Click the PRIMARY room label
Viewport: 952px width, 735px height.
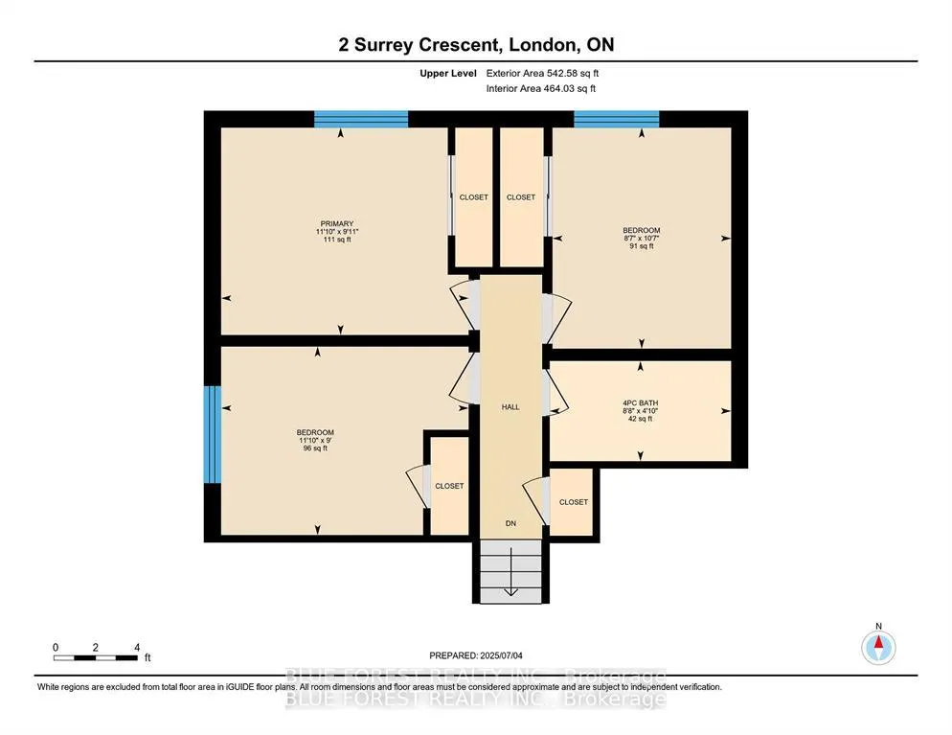[337, 223]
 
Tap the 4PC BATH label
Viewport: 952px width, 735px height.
[641, 402]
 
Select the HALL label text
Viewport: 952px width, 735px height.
[510, 407]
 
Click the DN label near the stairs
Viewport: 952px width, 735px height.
[510, 523]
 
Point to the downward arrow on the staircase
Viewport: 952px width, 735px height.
[510, 571]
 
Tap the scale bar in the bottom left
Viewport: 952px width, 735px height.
[96, 657]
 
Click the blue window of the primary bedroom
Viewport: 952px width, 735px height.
[361, 119]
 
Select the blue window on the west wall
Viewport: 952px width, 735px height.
[213, 434]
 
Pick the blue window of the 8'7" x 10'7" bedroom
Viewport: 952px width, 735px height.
[616, 119]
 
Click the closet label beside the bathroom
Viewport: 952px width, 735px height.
[574, 502]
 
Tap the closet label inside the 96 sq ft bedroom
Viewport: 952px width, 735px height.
[449, 486]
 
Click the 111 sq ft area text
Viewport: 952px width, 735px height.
[337, 240]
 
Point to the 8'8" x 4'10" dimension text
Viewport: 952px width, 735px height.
[641, 411]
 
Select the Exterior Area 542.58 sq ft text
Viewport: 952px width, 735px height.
[542, 73]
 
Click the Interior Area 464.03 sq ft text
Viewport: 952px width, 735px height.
[541, 89]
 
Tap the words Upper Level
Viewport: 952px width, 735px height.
[448, 74]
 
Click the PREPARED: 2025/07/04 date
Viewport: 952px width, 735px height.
[476, 655]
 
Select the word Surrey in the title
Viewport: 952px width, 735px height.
[384, 44]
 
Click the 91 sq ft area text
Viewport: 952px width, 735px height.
[642, 246]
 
